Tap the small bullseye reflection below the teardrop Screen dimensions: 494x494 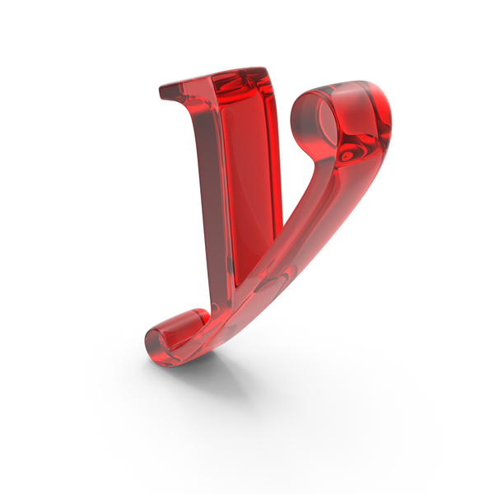pyautogui.click(x=347, y=156)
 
